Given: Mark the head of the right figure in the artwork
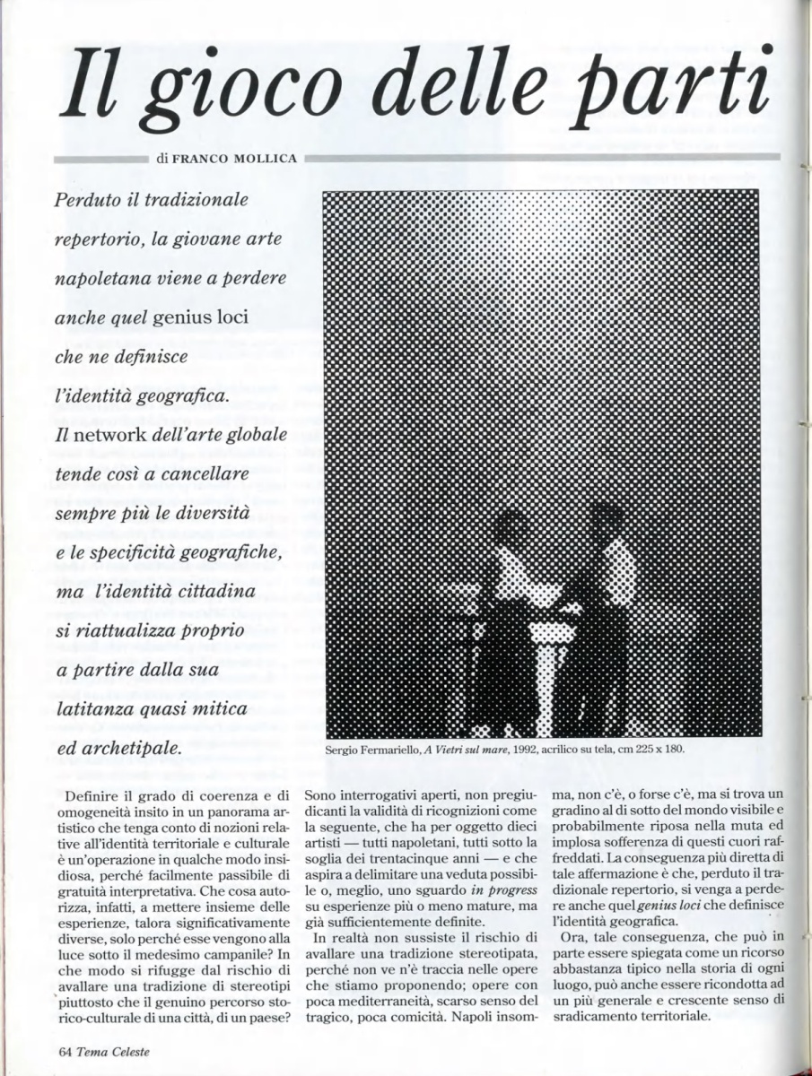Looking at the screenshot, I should tap(607, 520).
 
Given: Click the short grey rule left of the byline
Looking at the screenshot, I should tap(100, 159).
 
